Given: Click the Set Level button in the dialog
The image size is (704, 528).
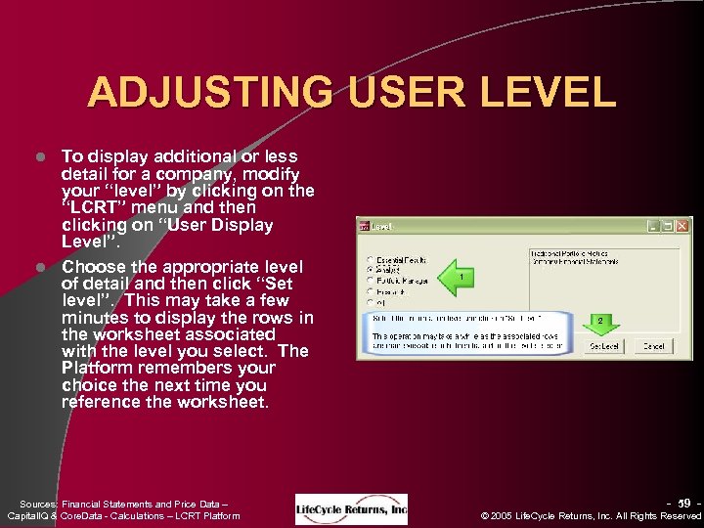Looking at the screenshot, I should click(603, 346).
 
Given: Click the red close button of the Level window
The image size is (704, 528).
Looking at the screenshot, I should click(682, 226).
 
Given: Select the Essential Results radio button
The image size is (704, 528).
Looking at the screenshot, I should click(369, 259).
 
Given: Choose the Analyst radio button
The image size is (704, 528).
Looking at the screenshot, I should click(369, 269).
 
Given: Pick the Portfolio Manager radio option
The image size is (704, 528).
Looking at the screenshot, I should click(369, 280).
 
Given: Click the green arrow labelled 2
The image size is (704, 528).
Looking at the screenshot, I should click(602, 321).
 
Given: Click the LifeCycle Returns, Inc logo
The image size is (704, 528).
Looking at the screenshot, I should click(351, 508).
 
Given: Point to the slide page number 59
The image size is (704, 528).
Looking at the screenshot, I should click(683, 504).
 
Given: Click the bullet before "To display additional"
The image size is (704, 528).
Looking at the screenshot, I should click(42, 156).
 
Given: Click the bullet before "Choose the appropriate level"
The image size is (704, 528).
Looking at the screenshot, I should click(42, 267).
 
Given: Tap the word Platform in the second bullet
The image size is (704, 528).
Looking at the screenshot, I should click(94, 368).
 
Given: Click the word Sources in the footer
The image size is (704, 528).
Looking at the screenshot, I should click(39, 505).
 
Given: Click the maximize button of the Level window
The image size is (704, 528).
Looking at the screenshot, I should click(667, 226).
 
